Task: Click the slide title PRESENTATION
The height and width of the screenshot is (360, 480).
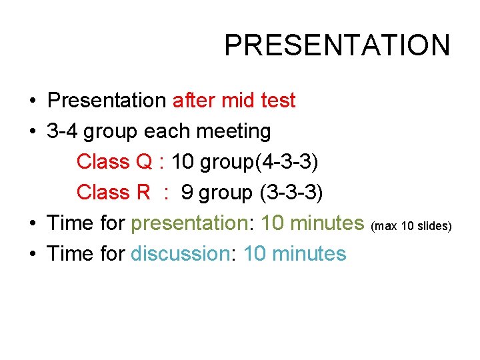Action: [x=337, y=45]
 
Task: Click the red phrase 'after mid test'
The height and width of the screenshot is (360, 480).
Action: [x=233, y=101]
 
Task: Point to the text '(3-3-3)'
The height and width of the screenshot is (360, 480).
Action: [x=290, y=193]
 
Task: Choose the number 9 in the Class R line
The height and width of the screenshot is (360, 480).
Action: [x=187, y=193]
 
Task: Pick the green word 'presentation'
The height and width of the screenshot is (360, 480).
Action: [x=189, y=223]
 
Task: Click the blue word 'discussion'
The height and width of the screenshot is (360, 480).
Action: [x=180, y=254]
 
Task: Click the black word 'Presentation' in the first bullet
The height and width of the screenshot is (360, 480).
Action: [x=107, y=101]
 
